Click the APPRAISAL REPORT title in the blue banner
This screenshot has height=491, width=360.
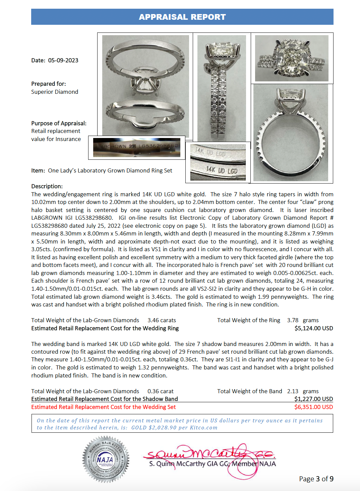click(x=182, y=17)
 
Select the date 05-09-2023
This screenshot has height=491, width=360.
click(x=63, y=61)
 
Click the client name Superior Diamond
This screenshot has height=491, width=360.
click(x=55, y=92)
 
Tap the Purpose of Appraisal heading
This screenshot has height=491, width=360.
click(x=59, y=123)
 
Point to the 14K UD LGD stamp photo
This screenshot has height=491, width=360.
click(x=218, y=162)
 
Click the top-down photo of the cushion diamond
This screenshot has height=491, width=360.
click(x=292, y=58)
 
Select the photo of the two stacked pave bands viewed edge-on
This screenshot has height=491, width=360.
click(x=222, y=88)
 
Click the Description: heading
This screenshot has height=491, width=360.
click(x=47, y=186)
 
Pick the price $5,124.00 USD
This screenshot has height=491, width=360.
click(x=314, y=328)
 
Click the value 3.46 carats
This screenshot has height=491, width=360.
click(x=162, y=321)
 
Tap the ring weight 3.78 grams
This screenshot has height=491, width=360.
click(x=303, y=321)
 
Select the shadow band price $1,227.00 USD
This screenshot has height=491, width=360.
click(x=313, y=399)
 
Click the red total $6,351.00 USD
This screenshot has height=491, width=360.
click(x=313, y=407)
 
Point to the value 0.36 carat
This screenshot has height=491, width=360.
click(x=161, y=391)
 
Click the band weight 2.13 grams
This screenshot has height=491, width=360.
click(x=303, y=391)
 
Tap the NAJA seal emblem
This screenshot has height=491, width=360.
click(x=105, y=459)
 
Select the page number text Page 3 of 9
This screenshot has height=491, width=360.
click(x=316, y=479)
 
